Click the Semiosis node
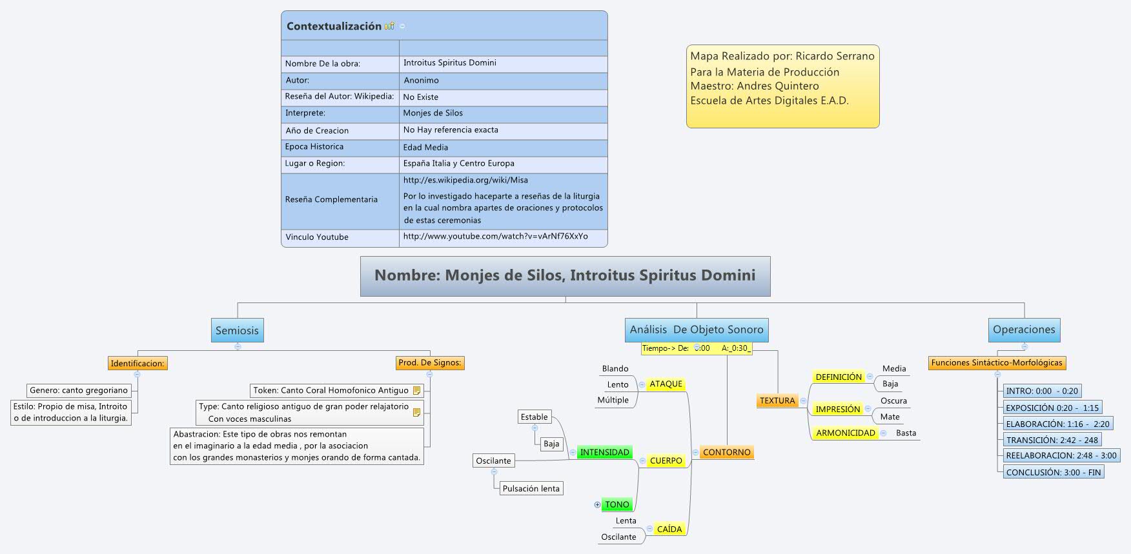237,330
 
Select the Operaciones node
1023,330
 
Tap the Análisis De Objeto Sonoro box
696,330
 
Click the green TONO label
616,504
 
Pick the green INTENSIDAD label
604,452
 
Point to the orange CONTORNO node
726,452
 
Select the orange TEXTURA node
777,401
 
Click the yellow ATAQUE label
666,384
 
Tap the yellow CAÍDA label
669,529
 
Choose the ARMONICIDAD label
845,433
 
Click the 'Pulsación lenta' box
531,488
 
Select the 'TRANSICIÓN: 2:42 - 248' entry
1052,440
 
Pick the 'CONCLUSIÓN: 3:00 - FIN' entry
1053,472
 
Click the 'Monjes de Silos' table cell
433,113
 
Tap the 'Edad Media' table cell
425,147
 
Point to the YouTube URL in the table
495,237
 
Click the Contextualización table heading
334,26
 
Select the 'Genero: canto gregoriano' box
79,390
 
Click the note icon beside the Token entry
416,391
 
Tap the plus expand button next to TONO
597,505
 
